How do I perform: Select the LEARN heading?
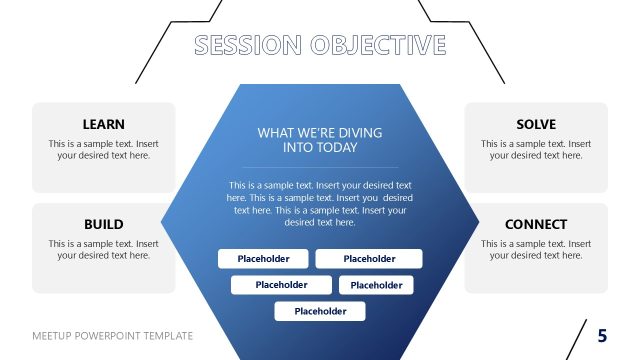point(104,125)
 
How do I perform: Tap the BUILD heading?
point(104,225)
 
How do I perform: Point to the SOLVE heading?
point(536,125)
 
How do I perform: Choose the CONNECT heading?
point(536,225)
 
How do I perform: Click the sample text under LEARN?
point(104,149)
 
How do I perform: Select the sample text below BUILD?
point(104,249)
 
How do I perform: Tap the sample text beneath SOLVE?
point(536,149)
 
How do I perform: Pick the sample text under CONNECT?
point(536,249)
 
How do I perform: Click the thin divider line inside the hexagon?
point(320,167)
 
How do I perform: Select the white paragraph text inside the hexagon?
point(320,204)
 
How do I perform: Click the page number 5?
point(602,335)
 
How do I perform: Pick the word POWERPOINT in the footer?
point(114,336)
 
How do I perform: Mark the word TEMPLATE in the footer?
point(171,336)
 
